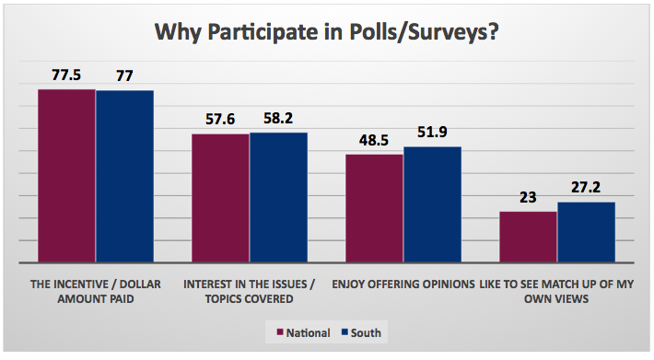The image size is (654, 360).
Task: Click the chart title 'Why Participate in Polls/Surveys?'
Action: (327, 34)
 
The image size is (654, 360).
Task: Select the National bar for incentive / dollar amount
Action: (66, 176)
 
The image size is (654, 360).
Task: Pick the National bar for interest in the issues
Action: (220, 198)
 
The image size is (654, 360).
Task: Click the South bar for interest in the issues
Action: (278, 197)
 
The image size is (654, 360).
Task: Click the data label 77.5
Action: (66, 75)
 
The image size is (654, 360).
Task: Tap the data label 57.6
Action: (220, 120)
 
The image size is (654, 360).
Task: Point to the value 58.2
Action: (278, 119)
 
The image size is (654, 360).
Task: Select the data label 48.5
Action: (374, 140)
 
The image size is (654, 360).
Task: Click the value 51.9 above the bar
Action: (432, 133)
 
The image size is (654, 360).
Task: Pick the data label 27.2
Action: (586, 188)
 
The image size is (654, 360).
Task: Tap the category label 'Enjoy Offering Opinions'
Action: (403, 284)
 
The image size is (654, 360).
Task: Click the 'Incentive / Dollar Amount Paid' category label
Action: (95, 290)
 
